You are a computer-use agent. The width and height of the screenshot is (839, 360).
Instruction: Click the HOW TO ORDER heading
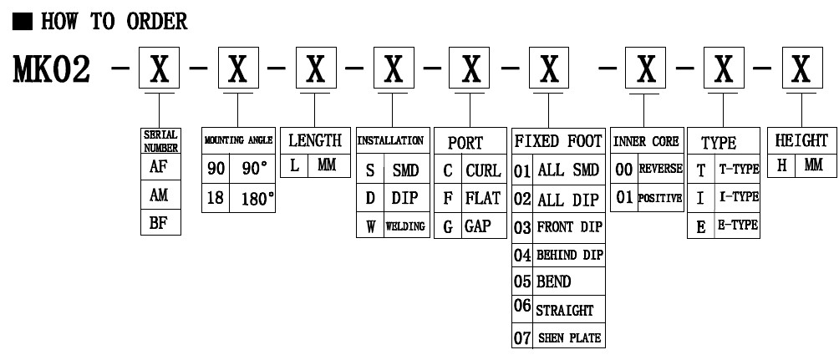[114, 22]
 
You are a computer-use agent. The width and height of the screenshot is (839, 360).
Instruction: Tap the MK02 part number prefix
[52, 70]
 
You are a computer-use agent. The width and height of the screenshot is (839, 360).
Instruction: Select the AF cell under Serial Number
[160, 166]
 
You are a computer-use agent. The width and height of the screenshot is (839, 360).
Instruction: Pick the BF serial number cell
[160, 223]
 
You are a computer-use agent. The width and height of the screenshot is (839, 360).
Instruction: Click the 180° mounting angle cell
[252, 199]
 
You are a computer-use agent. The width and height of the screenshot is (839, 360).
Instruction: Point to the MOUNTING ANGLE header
[238, 140]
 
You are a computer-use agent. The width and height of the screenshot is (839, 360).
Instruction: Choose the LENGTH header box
[315, 140]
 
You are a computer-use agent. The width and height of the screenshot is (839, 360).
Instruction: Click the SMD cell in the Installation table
[404, 170]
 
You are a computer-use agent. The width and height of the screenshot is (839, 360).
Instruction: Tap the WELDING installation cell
[404, 226]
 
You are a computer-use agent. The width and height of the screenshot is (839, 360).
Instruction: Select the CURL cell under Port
[483, 170]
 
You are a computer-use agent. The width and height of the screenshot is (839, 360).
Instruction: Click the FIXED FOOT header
[559, 140]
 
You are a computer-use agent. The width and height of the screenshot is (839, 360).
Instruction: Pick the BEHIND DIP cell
[568, 254]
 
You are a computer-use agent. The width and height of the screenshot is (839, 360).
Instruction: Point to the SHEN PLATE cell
[568, 337]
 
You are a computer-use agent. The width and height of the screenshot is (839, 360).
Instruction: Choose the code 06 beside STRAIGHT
[522, 309]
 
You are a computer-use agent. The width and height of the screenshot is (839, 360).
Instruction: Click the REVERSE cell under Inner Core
[660, 168]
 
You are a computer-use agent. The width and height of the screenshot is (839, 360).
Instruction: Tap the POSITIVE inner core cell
[660, 199]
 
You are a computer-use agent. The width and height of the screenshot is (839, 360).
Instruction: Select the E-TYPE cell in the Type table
[736, 225]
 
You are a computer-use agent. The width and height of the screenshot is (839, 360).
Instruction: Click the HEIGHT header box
[801, 140]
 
